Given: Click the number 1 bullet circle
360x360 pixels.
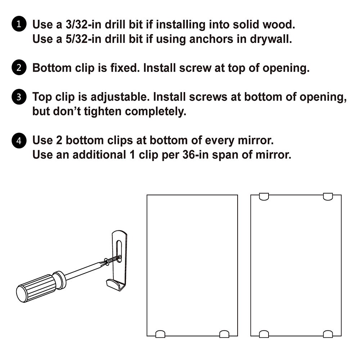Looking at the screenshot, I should click(x=19, y=25).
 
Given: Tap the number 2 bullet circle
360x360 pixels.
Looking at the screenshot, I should click(x=19, y=68).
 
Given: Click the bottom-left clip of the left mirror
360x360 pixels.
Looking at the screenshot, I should click(x=160, y=334).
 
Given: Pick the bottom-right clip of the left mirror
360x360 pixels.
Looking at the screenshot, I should click(x=224, y=334).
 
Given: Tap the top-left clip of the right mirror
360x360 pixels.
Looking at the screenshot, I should click(x=264, y=197).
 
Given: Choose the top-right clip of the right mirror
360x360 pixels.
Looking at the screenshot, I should click(x=328, y=197).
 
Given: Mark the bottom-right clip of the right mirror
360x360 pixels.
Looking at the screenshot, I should click(x=328, y=334).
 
